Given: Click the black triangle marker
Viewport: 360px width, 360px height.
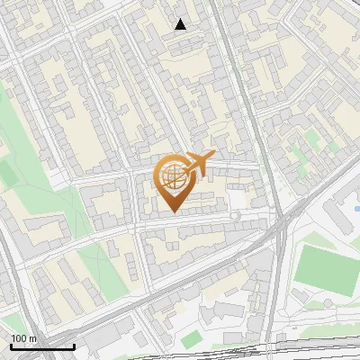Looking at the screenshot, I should click(181, 24).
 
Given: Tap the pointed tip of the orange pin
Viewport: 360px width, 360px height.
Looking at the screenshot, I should click(174, 211).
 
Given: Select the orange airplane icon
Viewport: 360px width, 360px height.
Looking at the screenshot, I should click(198, 164).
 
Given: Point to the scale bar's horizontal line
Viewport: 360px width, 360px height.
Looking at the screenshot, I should click(42, 347).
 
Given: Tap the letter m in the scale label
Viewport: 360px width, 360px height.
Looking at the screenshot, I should click(33, 339).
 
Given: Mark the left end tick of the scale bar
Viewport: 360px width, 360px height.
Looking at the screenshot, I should click(11, 346).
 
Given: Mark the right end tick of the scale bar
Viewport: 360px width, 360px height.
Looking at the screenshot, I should click(74, 346).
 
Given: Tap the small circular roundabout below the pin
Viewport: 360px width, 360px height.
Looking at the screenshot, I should click(235, 216).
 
